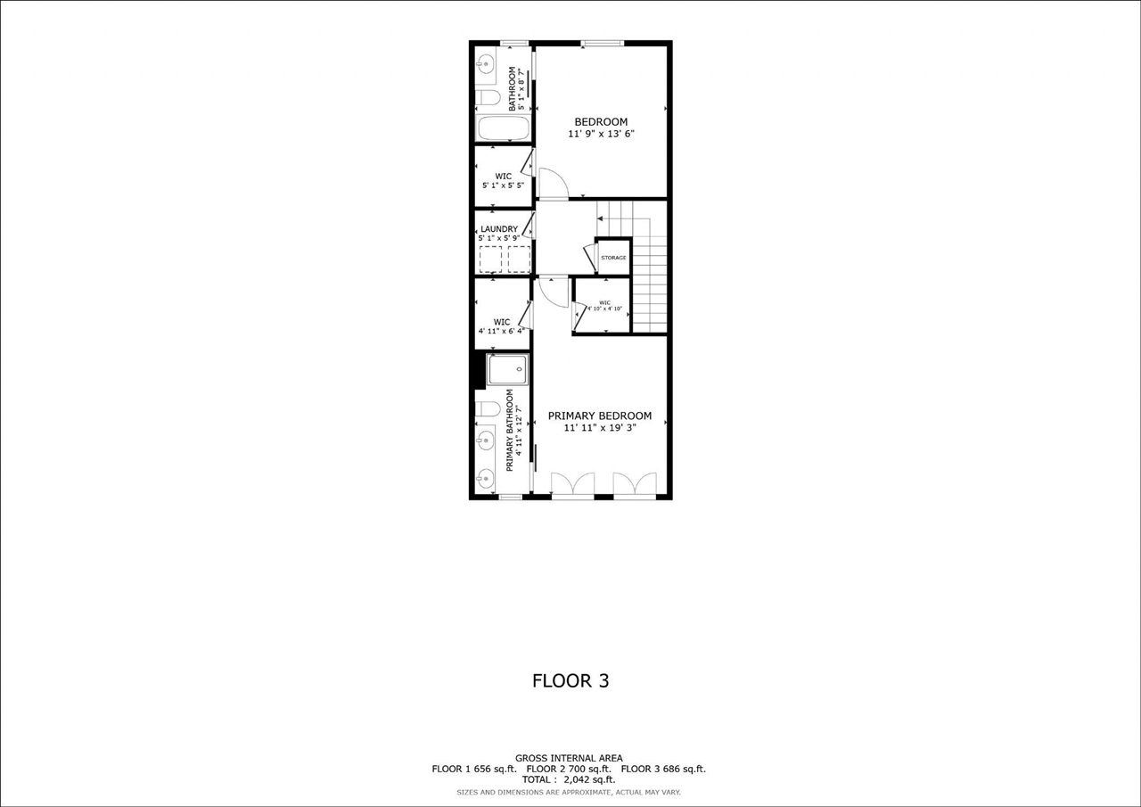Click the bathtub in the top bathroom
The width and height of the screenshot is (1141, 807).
[x=504, y=128]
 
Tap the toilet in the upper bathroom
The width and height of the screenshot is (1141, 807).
[x=487, y=96]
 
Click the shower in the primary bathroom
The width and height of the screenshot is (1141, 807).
[x=507, y=369]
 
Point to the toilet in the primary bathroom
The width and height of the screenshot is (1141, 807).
[x=488, y=409]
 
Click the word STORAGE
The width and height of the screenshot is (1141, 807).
[x=613, y=258]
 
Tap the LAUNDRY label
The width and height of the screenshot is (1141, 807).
[x=499, y=229]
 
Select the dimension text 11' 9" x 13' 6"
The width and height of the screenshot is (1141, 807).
[x=601, y=134]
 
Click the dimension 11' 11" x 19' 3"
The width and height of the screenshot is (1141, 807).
[x=600, y=428]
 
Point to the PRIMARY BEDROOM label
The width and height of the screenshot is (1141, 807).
[x=600, y=416]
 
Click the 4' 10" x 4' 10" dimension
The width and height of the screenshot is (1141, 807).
[x=603, y=309]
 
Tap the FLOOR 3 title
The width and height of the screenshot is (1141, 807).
[x=570, y=681]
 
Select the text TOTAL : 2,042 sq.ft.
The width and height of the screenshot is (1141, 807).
[x=569, y=779]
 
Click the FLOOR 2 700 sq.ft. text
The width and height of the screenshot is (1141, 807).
[x=569, y=769]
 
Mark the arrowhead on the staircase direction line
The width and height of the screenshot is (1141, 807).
[x=599, y=218]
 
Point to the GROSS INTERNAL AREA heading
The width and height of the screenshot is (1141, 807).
[x=569, y=758]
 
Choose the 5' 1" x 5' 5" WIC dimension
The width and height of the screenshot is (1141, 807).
[x=503, y=186]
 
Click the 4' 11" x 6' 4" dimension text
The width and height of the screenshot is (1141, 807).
[x=503, y=332]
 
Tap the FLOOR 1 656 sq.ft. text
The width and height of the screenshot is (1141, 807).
[x=474, y=769]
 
